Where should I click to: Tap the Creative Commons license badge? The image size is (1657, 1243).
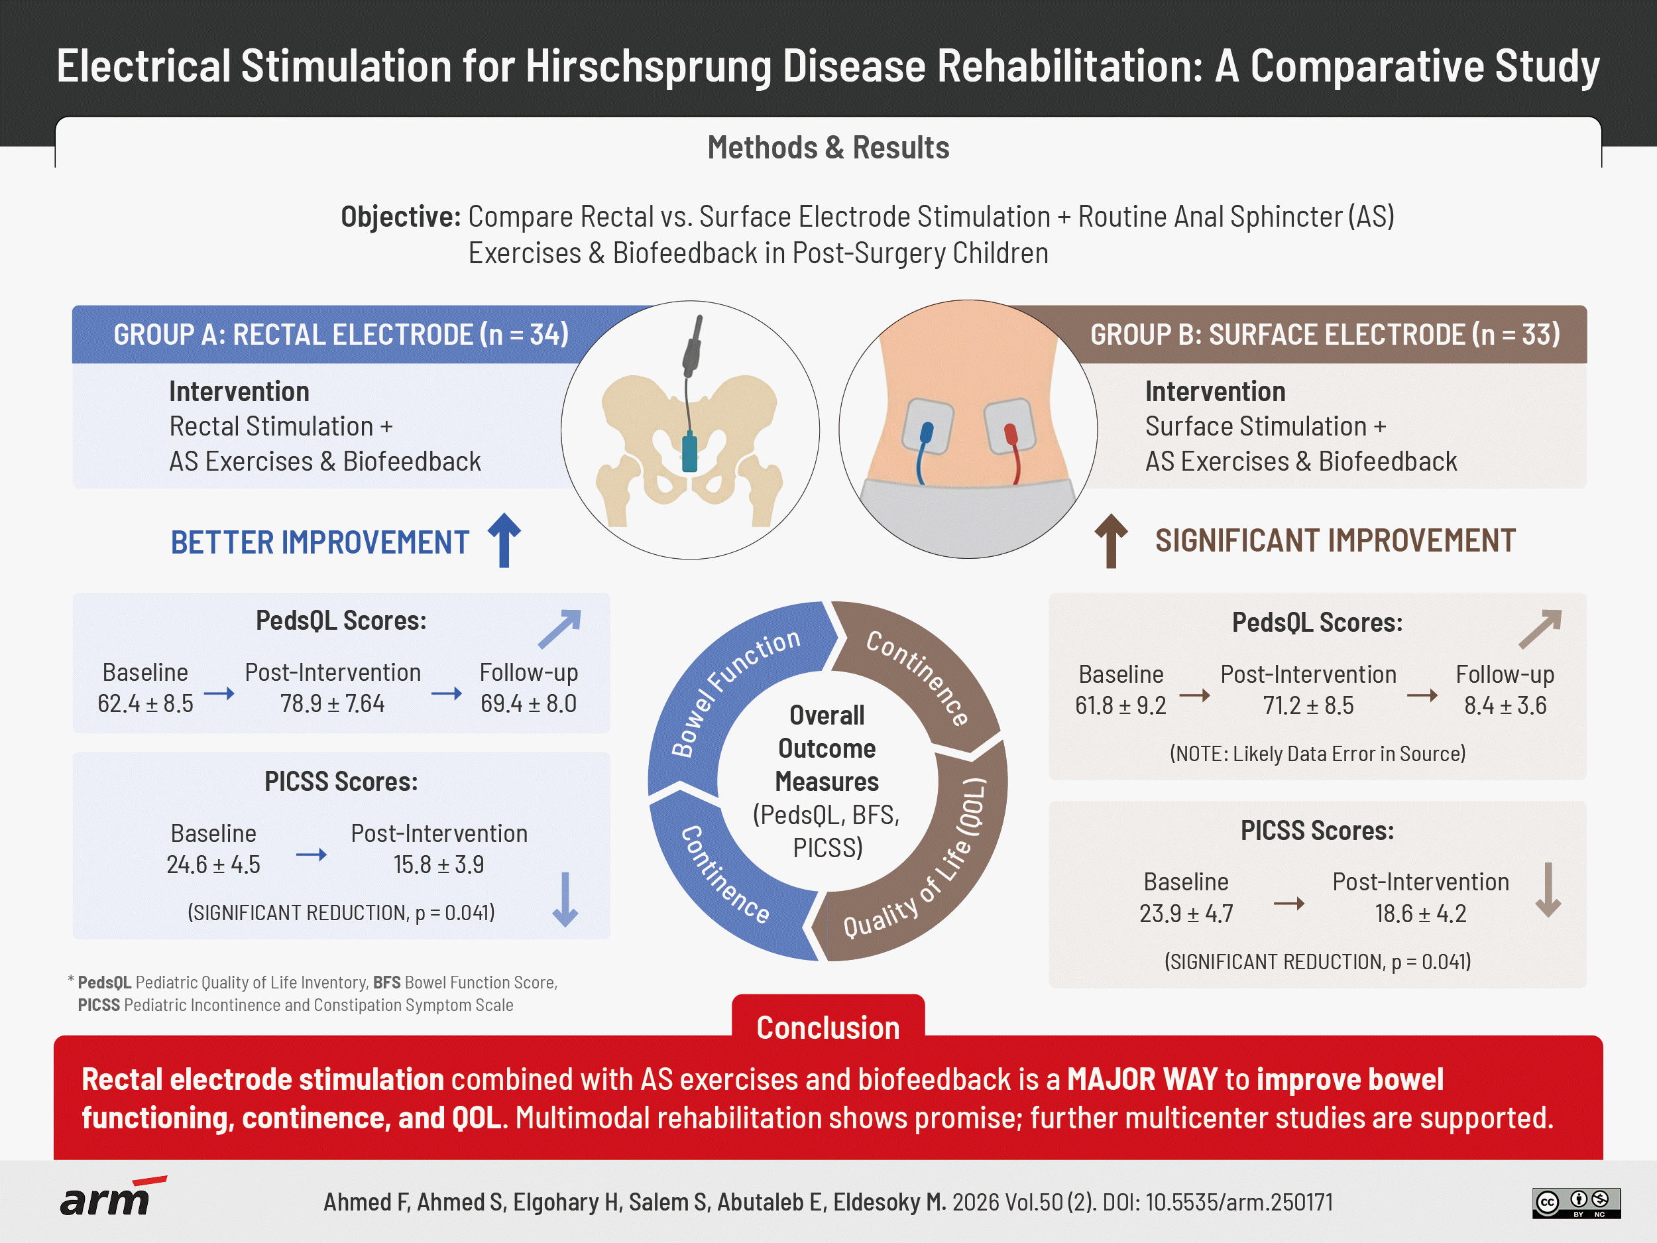(x=1576, y=1203)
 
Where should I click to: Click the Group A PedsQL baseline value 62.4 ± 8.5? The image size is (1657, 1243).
(x=145, y=703)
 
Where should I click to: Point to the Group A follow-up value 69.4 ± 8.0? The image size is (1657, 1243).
(x=528, y=703)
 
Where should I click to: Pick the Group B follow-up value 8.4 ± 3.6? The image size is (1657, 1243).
(x=1505, y=705)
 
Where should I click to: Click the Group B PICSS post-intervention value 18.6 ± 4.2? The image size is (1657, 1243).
(x=1420, y=914)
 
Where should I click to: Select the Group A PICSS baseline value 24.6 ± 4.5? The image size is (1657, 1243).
(x=213, y=864)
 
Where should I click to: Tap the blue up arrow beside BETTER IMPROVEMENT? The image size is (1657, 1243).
(x=504, y=540)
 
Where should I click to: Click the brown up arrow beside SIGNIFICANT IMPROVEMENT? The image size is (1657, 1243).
(x=1111, y=541)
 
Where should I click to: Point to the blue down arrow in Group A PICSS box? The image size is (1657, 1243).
(x=565, y=899)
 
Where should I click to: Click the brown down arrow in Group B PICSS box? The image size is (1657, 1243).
(x=1548, y=890)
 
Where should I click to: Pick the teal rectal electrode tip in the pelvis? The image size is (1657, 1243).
(x=690, y=452)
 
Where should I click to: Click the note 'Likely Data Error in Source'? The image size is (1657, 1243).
(x=1317, y=753)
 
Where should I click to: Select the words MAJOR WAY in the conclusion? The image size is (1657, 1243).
(x=1141, y=1079)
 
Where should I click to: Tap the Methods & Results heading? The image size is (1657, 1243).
(x=828, y=148)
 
